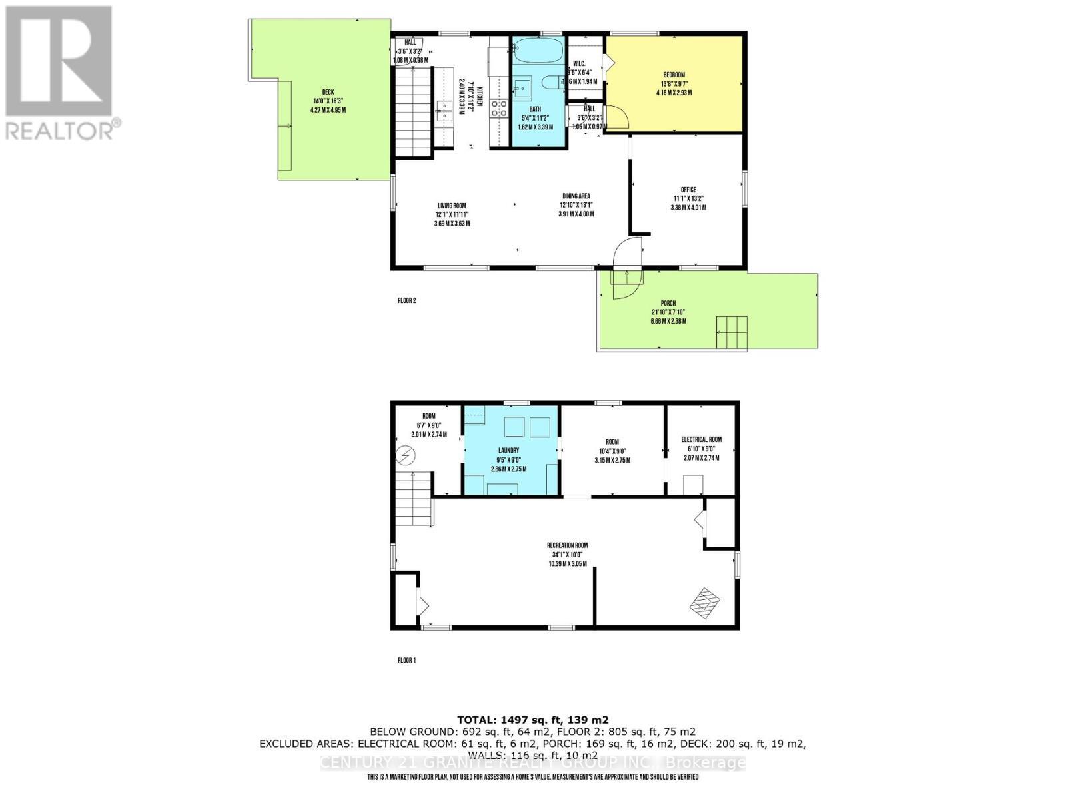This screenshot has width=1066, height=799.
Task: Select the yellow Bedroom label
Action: tap(674, 75)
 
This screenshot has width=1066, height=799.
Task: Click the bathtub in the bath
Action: tap(538, 50)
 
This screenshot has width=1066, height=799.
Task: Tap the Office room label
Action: tap(688, 190)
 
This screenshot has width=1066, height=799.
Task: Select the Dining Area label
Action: tap(576, 196)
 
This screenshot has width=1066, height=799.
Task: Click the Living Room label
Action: tap(452, 206)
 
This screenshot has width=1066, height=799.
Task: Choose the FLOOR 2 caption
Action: tap(406, 300)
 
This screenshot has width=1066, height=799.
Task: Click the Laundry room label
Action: tap(508, 450)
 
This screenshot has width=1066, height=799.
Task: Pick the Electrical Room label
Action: tap(701, 439)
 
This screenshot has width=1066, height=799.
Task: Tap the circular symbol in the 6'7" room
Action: tap(405, 455)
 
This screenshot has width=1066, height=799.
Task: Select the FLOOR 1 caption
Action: tap(406, 660)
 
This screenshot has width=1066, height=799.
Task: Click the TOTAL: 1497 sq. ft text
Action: tap(532, 720)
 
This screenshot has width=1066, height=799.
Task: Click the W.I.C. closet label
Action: tap(579, 64)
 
